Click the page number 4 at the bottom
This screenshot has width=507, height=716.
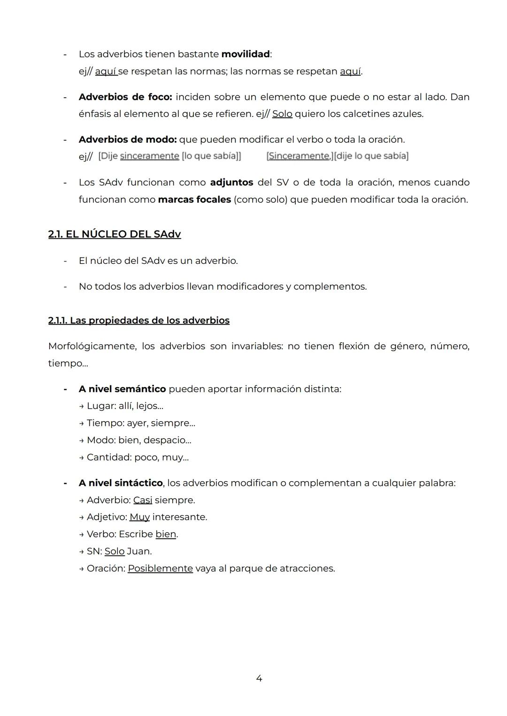point(259,678)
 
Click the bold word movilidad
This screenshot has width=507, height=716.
point(245,54)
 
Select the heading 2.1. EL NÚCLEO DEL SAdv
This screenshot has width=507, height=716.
point(115,234)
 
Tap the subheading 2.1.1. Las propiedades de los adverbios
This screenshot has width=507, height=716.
point(139,320)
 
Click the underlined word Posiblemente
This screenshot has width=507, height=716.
point(160,568)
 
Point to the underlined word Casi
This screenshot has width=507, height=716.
point(143,500)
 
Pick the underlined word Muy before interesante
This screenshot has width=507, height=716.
point(139,517)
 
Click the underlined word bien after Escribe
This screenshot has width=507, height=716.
point(166,534)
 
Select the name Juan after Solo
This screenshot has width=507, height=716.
point(139,551)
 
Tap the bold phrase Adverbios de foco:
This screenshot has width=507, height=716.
point(125,97)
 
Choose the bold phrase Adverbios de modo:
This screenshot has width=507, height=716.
point(127,139)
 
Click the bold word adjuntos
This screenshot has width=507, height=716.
point(231,182)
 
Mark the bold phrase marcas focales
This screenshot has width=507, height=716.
point(194,200)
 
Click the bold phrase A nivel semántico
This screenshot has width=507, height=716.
point(122,389)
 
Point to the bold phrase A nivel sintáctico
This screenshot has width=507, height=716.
point(121,483)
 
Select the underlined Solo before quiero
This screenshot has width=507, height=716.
point(282,114)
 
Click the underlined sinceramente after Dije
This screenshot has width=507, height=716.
point(149,156)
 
